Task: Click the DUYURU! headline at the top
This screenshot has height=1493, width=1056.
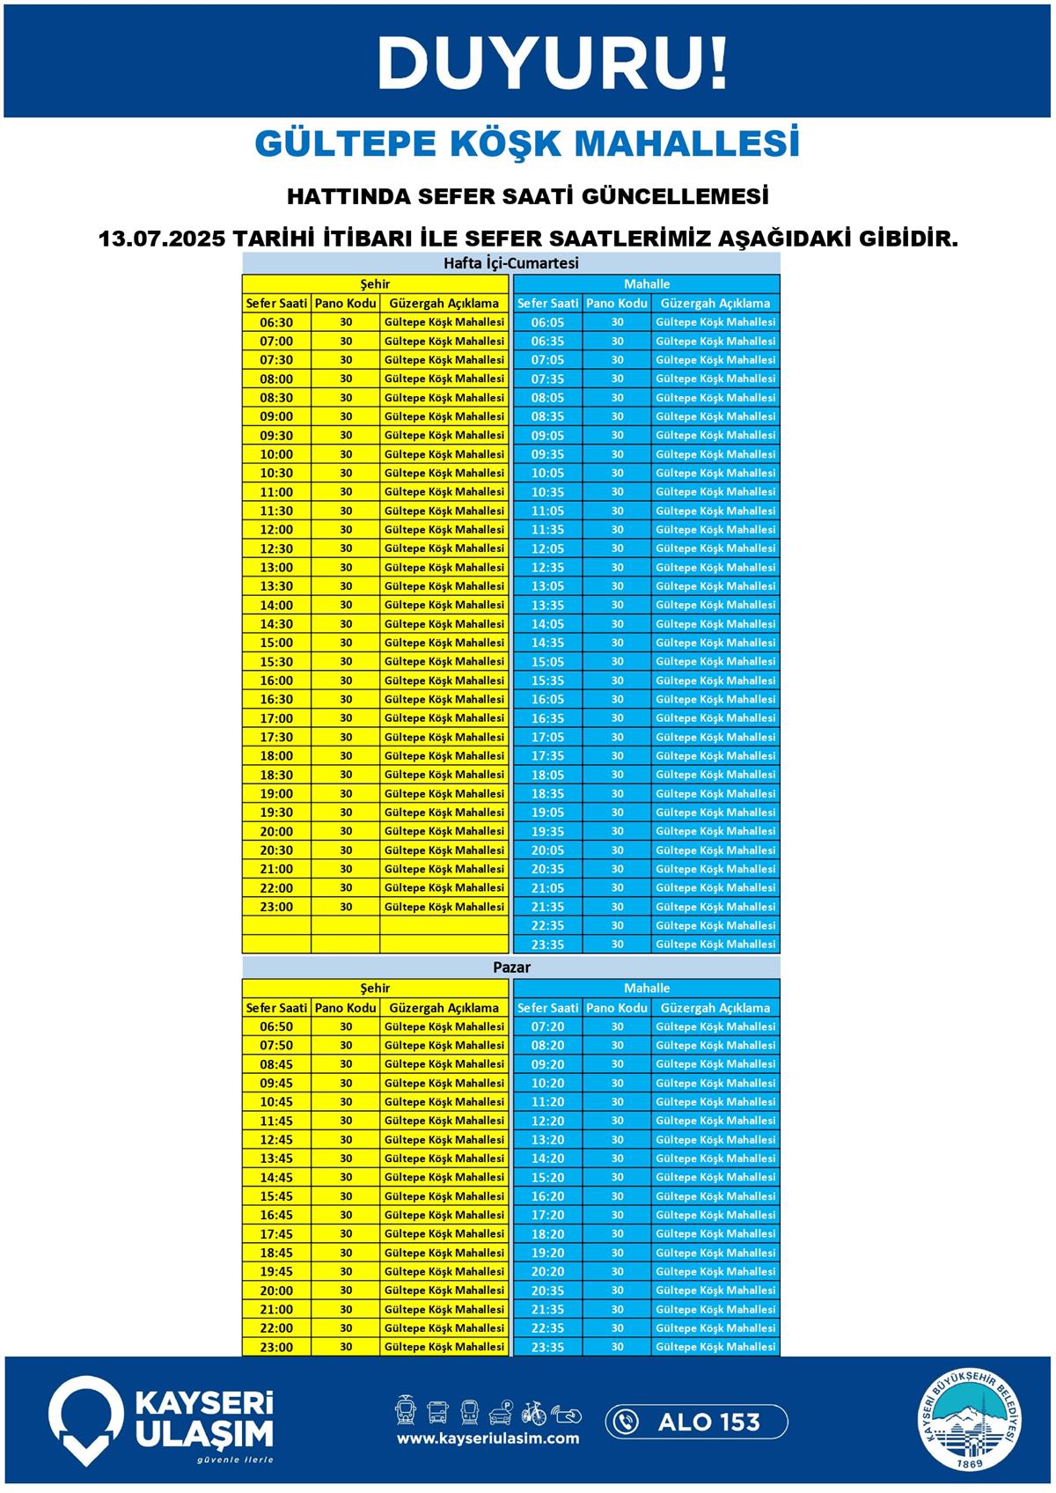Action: point(553,63)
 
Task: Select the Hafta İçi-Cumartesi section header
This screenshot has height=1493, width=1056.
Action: point(510,263)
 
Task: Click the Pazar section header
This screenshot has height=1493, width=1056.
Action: point(510,967)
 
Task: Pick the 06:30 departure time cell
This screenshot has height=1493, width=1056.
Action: point(276,323)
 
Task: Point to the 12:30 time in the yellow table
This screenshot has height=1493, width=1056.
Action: point(276,548)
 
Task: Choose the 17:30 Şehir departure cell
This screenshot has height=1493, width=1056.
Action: point(276,737)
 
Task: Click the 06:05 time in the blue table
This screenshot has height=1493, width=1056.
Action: point(547,323)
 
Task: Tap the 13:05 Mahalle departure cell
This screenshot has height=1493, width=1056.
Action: point(547,586)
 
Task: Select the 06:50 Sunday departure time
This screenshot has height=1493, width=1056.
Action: point(276,1027)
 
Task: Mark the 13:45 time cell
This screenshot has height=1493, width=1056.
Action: point(276,1158)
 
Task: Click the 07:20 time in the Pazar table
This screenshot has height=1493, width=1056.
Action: point(547,1027)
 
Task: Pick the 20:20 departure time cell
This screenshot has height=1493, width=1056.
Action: point(547,1271)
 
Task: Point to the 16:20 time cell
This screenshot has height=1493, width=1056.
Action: point(547,1196)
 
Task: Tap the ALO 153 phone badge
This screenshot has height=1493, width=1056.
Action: point(696,1422)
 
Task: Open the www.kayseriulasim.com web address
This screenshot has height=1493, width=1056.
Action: point(488,1438)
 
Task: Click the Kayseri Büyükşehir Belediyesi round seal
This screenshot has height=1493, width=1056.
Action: point(971,1420)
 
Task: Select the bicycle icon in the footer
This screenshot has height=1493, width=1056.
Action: point(533,1413)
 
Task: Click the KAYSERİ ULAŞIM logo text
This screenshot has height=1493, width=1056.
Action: point(203,1418)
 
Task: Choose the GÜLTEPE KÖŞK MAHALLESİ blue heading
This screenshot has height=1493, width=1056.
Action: point(527,143)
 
